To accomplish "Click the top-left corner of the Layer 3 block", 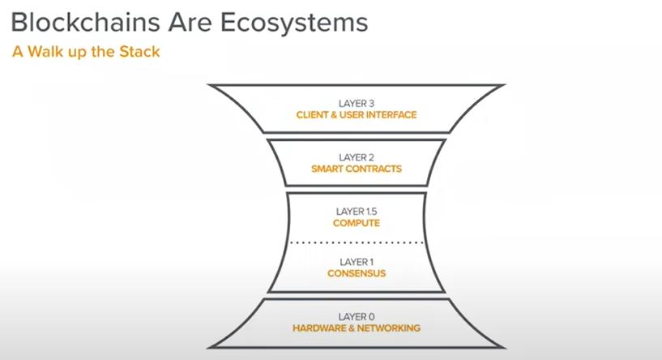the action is pyautogui.click(x=208, y=85).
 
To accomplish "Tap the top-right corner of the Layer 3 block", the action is pyautogui.click(x=505, y=85).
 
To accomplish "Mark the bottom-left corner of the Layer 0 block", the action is pyautogui.click(x=208, y=348).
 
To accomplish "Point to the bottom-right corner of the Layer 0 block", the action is pyautogui.click(x=505, y=348).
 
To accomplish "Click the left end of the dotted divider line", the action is pyautogui.click(x=290, y=242).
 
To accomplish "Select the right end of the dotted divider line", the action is pyautogui.click(x=422, y=242).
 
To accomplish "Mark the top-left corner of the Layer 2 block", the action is pyautogui.click(x=267, y=140).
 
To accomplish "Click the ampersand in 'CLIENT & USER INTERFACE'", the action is pyautogui.click(x=334, y=115).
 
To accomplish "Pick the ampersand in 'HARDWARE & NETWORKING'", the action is pyautogui.click(x=351, y=328).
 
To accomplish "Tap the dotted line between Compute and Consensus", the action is pyautogui.click(x=357, y=242).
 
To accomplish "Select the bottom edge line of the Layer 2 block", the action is pyautogui.click(x=357, y=185).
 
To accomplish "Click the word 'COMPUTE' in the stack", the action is pyautogui.click(x=357, y=223).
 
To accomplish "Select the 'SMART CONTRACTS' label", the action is pyautogui.click(x=357, y=169).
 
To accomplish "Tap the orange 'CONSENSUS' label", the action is pyautogui.click(x=357, y=273).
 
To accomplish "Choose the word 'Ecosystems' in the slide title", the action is pyautogui.click(x=294, y=23).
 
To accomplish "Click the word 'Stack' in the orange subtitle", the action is pyautogui.click(x=139, y=52).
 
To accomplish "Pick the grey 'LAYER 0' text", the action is pyautogui.click(x=357, y=317).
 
